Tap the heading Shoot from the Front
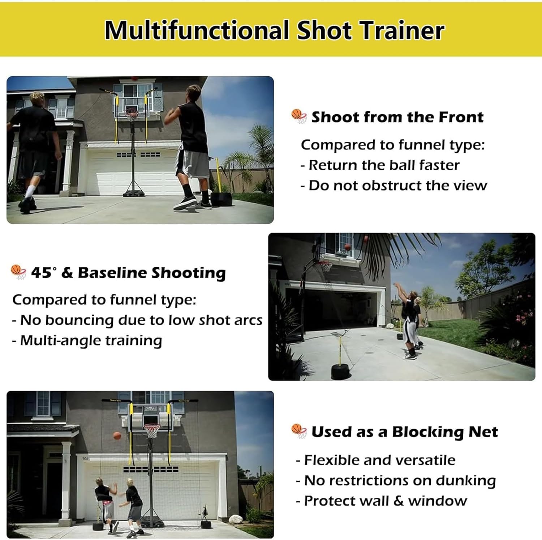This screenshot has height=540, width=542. [397, 117]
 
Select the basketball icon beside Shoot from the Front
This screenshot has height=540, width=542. [299, 116]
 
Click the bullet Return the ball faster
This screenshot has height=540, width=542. [380, 165]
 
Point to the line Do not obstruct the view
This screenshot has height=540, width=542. [394, 186]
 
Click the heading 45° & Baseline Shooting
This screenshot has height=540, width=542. [128, 273]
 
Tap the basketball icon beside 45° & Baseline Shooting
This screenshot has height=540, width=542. [18, 272]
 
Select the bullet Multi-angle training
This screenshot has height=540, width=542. [87, 341]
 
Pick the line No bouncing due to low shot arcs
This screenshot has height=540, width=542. [137, 320]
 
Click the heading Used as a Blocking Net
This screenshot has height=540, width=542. [404, 432]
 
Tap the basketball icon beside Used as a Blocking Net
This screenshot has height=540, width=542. [299, 431]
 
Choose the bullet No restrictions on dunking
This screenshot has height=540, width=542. [396, 481]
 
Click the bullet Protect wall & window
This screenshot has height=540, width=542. [382, 501]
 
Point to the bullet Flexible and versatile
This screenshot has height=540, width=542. [376, 460]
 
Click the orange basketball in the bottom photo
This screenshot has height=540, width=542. [117, 435]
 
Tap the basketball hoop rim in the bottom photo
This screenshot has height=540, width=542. [152, 426]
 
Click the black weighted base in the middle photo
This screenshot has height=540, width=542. [340, 371]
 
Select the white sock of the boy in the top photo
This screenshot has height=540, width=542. [30, 191]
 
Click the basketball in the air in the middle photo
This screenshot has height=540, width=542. [348, 247]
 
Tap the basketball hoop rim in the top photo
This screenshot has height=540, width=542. [131, 112]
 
